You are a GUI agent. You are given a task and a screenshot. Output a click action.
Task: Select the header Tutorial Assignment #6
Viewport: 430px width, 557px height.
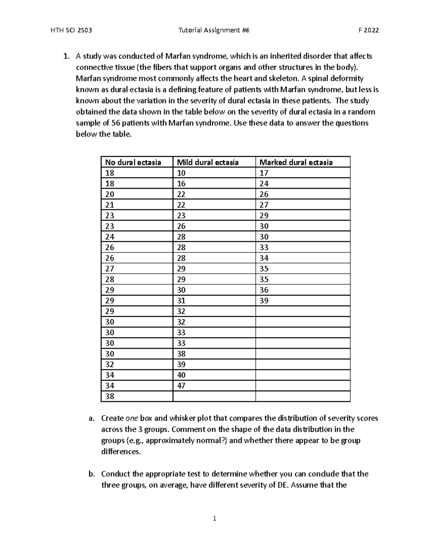pos(214,30)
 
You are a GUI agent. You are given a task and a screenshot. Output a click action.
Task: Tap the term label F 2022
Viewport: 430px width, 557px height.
pos(369,30)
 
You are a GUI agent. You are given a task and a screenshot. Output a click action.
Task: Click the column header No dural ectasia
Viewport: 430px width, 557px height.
pos(133,162)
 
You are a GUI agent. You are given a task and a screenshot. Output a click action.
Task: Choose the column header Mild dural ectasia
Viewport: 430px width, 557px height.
pos(208,162)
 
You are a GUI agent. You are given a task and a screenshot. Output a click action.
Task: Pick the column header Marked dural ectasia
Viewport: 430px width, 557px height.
pos(296,162)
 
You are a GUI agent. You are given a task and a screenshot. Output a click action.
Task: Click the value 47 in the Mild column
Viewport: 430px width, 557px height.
pos(181,386)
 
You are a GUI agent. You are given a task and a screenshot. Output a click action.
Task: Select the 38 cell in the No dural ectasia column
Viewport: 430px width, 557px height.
pos(110,396)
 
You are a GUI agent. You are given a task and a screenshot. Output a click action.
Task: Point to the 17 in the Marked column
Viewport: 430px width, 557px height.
pos(264,173)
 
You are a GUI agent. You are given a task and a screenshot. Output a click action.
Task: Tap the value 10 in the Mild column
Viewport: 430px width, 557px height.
pos(181,173)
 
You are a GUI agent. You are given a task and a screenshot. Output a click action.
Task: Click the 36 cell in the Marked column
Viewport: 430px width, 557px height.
pos(264,290)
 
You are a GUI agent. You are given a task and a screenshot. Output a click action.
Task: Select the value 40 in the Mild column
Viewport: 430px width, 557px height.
pos(181,375)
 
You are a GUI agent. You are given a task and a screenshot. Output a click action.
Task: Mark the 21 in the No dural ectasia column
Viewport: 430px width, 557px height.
pos(110,205)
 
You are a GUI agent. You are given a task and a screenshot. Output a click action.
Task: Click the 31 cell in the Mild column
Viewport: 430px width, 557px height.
pos(181,301)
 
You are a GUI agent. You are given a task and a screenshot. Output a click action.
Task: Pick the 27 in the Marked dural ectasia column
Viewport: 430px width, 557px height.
pos(264,205)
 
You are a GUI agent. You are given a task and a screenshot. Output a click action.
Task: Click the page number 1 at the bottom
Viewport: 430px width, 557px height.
pos(214,518)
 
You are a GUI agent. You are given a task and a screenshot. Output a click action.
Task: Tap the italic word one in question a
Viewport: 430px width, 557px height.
pos(132,418)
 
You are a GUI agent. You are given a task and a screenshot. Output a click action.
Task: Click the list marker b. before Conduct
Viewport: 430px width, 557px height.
pos(92,474)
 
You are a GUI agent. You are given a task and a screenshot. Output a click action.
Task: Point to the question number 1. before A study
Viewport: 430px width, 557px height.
pos(66,56)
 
